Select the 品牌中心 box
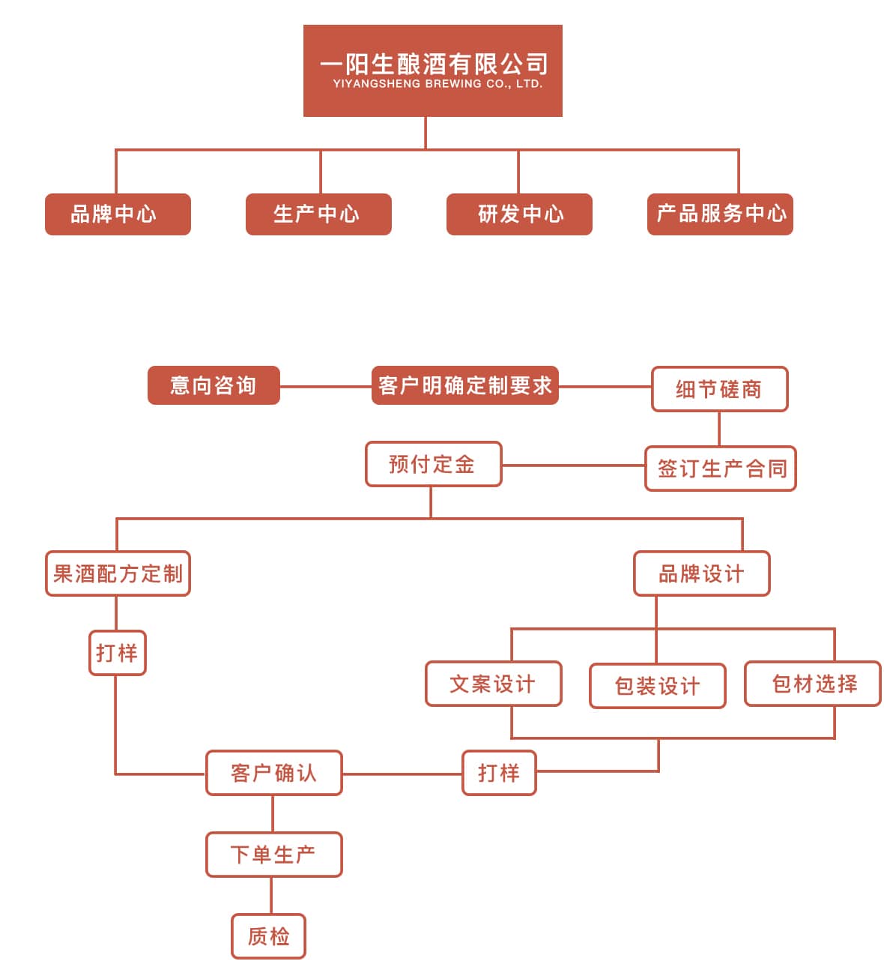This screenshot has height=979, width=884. tap(118, 214)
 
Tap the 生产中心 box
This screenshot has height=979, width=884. tap(318, 214)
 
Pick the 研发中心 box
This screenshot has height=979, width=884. tap(519, 214)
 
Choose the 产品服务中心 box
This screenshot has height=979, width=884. tap(720, 214)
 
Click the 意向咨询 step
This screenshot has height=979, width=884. tap(214, 385)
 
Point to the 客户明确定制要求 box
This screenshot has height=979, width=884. tap(464, 385)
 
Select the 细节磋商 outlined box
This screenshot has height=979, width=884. tap(719, 389)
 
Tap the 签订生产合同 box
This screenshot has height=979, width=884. tap(720, 469)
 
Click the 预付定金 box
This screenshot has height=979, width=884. tap(433, 464)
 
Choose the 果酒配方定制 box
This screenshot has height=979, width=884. tap(118, 574)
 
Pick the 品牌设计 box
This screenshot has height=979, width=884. tap(701, 574)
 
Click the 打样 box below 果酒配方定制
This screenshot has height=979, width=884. tap(117, 653)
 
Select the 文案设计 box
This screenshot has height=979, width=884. tap(493, 684)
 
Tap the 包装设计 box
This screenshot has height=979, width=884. tap(657, 686)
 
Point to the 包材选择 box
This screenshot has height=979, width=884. tap(812, 684)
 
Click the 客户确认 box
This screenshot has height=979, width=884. tap(273, 773)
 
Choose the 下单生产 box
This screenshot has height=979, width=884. tap(273, 855)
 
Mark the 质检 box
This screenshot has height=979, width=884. tap(268, 936)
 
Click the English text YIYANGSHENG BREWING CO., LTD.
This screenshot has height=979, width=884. tap(438, 84)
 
